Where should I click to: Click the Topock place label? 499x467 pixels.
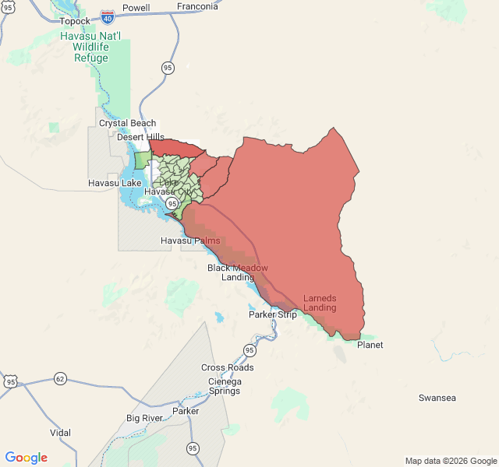(75, 20)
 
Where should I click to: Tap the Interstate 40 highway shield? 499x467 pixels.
(107, 16)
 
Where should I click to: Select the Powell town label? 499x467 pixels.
(136, 8)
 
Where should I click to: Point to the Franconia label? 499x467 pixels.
(196, 6)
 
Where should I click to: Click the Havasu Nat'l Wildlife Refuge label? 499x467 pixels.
(90, 47)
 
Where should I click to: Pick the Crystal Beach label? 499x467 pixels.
(127, 123)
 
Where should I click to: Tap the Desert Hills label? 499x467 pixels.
(141, 137)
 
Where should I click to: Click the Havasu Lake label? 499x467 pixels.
(114, 183)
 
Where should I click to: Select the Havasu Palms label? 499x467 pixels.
(190, 241)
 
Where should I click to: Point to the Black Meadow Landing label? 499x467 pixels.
(238, 272)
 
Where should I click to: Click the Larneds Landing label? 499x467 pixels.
(320, 303)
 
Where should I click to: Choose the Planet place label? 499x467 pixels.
(370, 345)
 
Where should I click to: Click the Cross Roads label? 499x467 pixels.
(227, 367)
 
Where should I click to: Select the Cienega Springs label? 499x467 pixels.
(225, 386)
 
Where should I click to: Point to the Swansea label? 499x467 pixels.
(437, 398)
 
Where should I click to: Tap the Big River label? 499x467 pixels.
(144, 418)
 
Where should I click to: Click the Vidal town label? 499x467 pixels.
(60, 433)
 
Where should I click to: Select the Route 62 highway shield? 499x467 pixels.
(60, 379)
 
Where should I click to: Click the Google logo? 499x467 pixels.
(27, 458)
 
